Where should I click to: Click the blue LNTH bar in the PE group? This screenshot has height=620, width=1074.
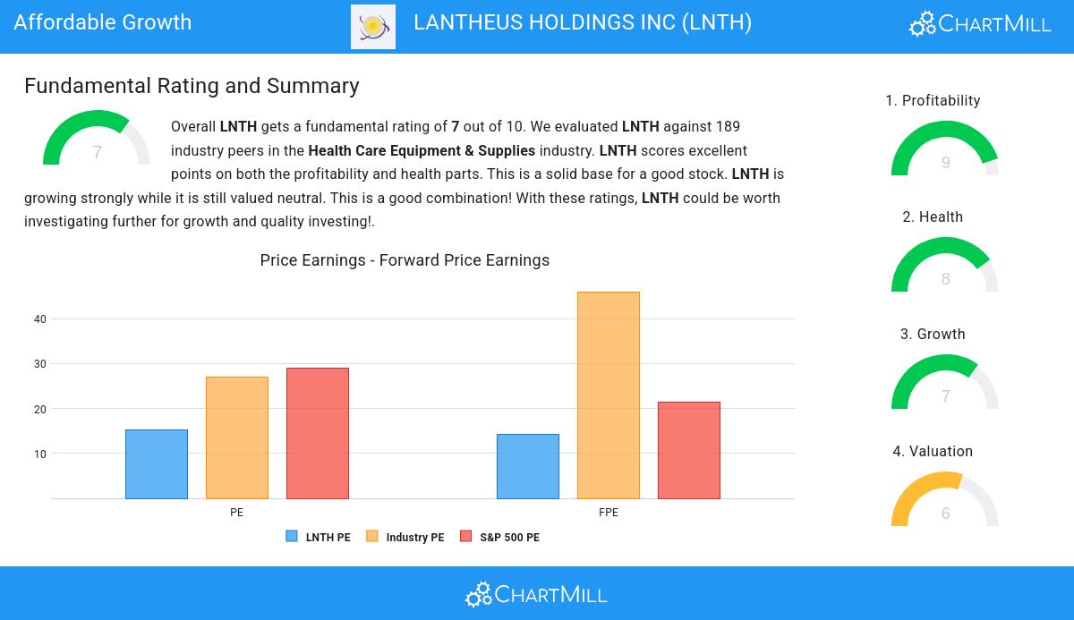[157, 464]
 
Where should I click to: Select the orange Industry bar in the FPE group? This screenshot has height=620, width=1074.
[609, 395]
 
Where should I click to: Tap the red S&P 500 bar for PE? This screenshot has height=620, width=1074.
[318, 433]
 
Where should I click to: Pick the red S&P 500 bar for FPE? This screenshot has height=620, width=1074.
[689, 450]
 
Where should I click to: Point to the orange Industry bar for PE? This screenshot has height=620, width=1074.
[237, 437]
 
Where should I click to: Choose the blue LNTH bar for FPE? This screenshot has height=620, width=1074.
[528, 466]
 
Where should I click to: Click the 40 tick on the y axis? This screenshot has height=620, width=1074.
[40, 319]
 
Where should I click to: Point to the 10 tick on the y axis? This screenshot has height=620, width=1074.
[40, 454]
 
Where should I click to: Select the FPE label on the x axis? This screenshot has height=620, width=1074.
[609, 513]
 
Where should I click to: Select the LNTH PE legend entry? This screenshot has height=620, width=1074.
[319, 538]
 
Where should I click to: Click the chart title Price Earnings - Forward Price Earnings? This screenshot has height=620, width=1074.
[405, 260]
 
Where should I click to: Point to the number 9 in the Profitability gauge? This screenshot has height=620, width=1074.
[946, 163]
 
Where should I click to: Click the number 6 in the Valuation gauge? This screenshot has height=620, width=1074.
[946, 514]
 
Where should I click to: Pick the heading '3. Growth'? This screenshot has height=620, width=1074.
[933, 335]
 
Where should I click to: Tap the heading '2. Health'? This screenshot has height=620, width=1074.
[933, 217]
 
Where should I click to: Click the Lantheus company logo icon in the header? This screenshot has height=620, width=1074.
[373, 26]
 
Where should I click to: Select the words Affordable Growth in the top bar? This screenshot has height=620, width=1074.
[103, 22]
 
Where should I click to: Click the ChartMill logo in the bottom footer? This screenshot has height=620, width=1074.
[536, 594]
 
